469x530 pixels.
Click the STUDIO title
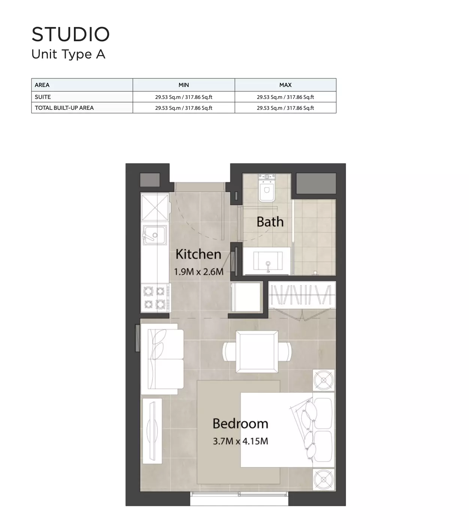(71, 34)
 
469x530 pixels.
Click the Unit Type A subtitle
(68, 54)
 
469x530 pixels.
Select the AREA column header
(42, 85)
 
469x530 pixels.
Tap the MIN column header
(183, 85)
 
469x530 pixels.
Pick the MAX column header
(286, 85)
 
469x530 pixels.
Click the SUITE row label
(43, 97)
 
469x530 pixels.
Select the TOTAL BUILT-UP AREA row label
(64, 108)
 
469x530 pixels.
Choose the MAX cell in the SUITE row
(286, 97)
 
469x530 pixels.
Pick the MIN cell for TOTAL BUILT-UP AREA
(183, 108)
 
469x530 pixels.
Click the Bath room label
(270, 222)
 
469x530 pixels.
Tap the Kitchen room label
(198, 254)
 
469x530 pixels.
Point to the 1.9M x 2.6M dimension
(199, 271)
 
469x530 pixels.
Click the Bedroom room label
(241, 424)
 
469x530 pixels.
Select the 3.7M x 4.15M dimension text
(241, 441)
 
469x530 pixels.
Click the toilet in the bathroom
(266, 188)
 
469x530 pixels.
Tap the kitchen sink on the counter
(155, 235)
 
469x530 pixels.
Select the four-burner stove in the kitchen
(156, 298)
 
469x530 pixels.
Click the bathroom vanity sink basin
(268, 261)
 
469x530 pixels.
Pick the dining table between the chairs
(257, 352)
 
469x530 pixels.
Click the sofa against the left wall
(162, 359)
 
